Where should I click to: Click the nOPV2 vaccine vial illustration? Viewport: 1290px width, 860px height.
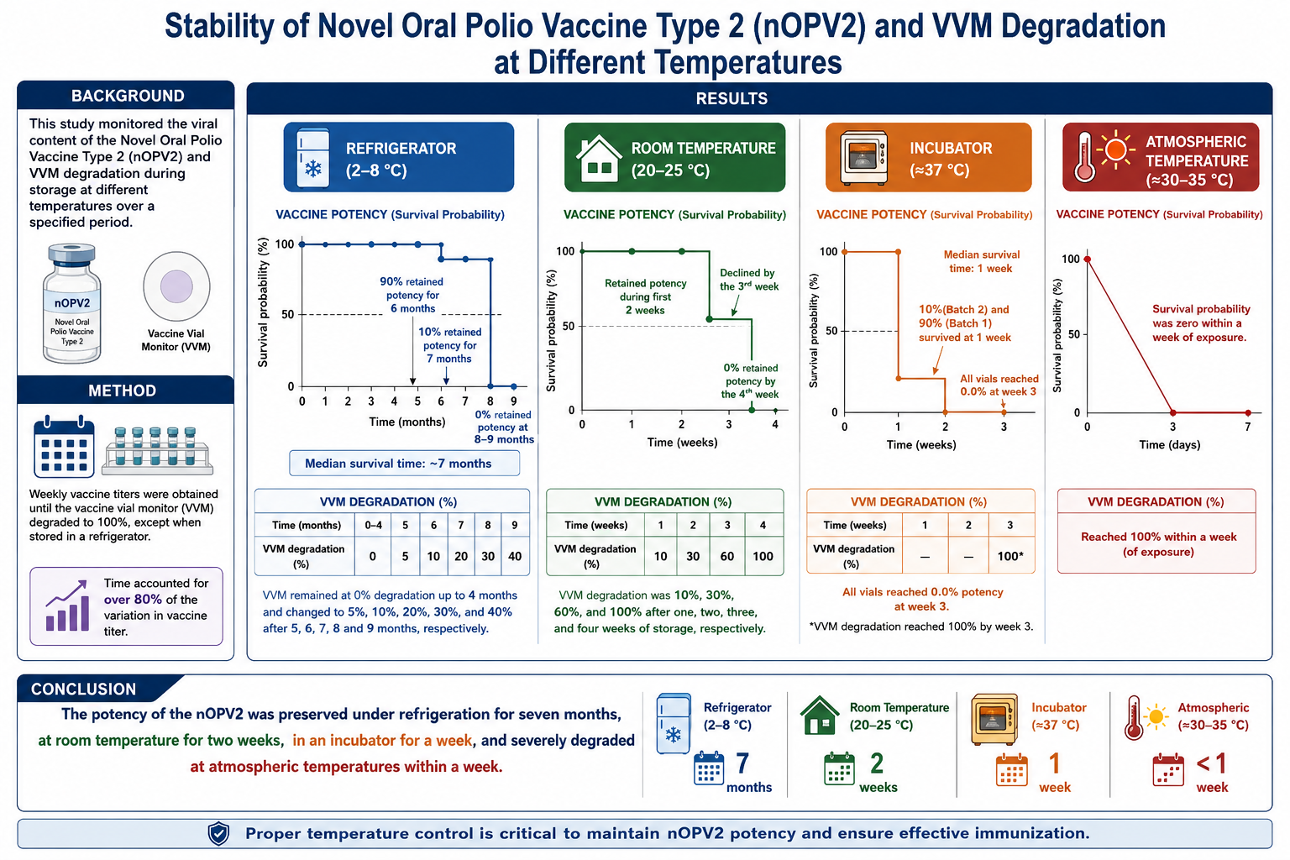pos(72,303)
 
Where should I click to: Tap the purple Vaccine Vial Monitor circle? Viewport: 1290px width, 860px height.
pos(176,286)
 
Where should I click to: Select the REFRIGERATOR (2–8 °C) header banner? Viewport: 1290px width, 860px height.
pos(399,157)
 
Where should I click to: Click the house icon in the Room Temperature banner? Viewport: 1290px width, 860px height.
pos(599,158)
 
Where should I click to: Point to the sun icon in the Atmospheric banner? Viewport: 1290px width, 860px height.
pos(1115,149)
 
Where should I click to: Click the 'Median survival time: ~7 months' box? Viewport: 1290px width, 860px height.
pos(404,463)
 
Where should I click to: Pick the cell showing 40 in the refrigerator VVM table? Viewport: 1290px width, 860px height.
pos(515,556)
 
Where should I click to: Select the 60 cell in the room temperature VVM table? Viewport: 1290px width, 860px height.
pos(726,556)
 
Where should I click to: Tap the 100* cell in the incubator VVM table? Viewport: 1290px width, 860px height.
pos(1010,556)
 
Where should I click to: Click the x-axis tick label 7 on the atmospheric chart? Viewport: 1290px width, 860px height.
pos(1247,427)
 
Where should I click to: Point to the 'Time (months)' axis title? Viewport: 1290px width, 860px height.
pos(407,422)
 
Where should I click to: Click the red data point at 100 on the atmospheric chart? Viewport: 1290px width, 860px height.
pos(1088,260)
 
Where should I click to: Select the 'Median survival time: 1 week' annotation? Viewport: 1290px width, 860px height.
pos(981,261)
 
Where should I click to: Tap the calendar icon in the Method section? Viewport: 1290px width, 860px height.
pos(64,447)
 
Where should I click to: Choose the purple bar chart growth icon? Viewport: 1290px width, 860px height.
pos(67,606)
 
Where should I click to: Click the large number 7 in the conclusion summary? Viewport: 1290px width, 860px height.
pos(743,763)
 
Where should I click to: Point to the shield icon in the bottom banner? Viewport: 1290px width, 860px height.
pos(219,833)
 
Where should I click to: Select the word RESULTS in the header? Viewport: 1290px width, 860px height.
pos(732,98)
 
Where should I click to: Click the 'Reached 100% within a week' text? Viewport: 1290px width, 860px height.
pos(1158,537)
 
